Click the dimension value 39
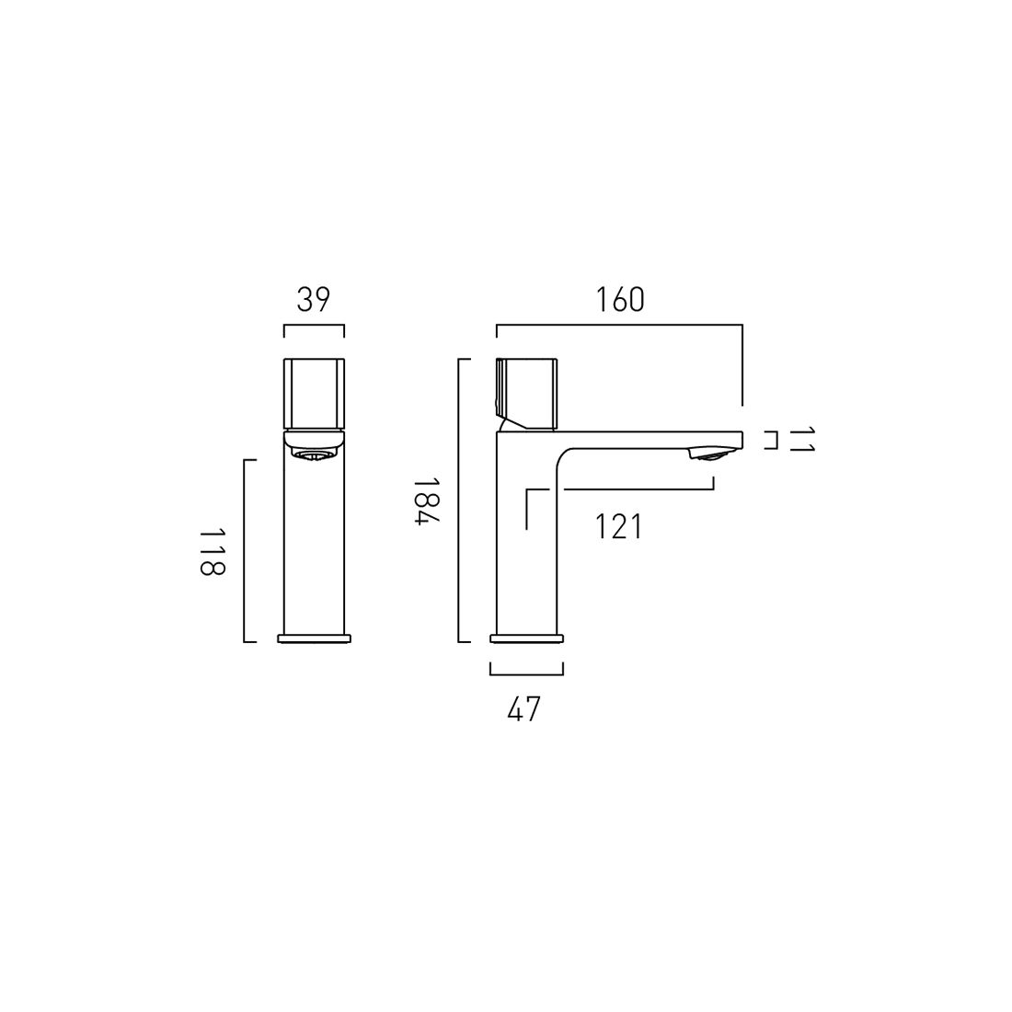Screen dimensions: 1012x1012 tap(314, 300)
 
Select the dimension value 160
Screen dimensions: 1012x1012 tap(620, 300)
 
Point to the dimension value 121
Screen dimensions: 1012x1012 tap(618, 527)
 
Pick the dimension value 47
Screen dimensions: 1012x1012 tap(524, 709)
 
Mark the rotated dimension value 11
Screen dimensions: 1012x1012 tap(801, 440)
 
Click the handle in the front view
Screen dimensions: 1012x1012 tap(314, 393)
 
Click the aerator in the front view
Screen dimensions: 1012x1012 tap(314, 453)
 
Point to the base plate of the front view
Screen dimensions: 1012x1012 tap(314, 638)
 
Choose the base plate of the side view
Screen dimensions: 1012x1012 tap(526, 638)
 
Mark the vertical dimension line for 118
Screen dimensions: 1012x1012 tap(245, 550)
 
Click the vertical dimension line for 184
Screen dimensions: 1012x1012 tap(459, 500)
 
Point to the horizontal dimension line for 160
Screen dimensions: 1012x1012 tap(619, 325)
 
